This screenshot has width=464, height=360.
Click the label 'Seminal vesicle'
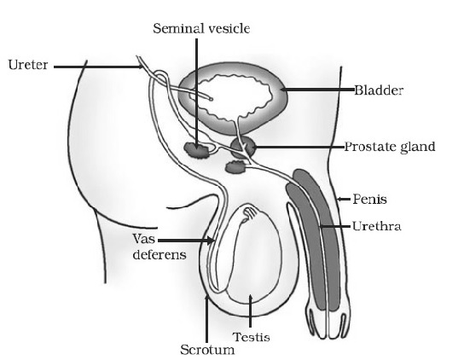tap(201, 29)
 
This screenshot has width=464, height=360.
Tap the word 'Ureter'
tap(28, 65)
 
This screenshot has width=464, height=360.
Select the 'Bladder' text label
tap(379, 90)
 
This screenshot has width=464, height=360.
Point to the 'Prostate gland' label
tap(390, 147)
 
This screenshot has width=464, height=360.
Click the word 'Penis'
tap(369, 200)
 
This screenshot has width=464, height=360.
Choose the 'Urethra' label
tap(376, 226)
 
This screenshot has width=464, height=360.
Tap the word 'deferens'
tap(159, 254)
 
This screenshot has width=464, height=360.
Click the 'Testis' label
tap(251, 337)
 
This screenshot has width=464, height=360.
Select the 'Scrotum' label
tap(207, 350)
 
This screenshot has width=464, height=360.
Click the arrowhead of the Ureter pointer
tap(141, 67)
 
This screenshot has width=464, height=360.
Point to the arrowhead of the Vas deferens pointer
tap(211, 241)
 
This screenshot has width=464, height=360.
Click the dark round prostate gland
tap(242, 148)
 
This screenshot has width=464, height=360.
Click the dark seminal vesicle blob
tap(196, 150)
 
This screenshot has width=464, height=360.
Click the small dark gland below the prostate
tap(236, 167)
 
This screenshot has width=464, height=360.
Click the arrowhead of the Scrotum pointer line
tap(207, 297)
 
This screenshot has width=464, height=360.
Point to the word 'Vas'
tap(144, 239)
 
